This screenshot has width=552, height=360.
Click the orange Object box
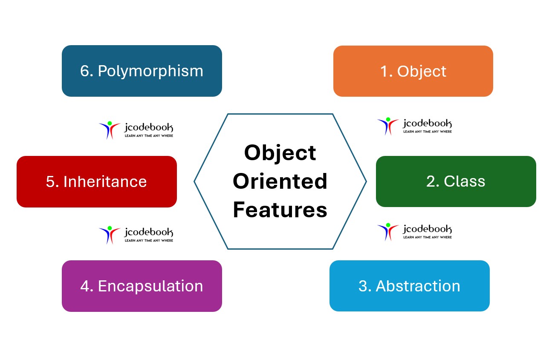click(413, 71)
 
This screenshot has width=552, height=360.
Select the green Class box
click(456, 181)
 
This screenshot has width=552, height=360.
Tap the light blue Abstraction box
click(409, 286)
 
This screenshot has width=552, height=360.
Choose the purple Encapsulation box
click(142, 286)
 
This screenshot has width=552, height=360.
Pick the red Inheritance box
click(96, 181)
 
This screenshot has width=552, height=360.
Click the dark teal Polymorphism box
click(142, 71)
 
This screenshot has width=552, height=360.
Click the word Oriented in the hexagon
click(280, 181)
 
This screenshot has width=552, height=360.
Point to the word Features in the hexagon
click(280, 210)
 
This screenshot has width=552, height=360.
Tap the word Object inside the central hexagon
click(280, 153)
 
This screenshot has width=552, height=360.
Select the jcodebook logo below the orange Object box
click(414, 126)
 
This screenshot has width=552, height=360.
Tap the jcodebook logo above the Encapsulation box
click(136, 235)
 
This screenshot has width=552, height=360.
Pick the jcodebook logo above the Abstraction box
click(414, 231)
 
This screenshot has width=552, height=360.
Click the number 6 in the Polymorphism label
click(85, 71)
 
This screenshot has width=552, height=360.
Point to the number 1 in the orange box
click(384, 72)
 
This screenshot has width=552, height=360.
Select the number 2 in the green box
click(431, 181)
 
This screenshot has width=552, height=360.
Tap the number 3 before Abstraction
click(363, 286)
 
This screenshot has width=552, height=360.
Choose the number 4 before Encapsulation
click(85, 286)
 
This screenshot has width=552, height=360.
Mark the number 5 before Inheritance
click(51, 181)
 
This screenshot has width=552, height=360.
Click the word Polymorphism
click(150, 71)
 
